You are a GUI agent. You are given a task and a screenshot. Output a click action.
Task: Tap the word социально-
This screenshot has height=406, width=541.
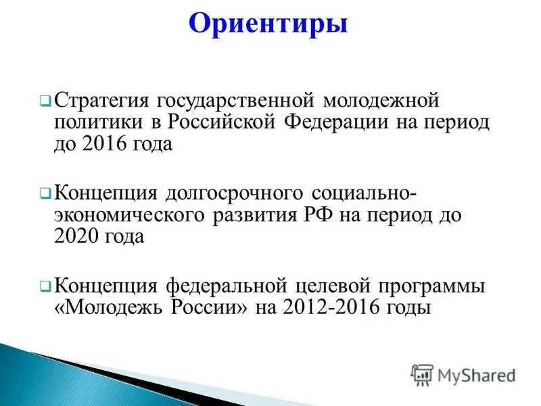click(x=360, y=194)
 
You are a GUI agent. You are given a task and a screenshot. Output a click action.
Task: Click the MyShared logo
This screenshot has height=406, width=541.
click(x=463, y=374)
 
